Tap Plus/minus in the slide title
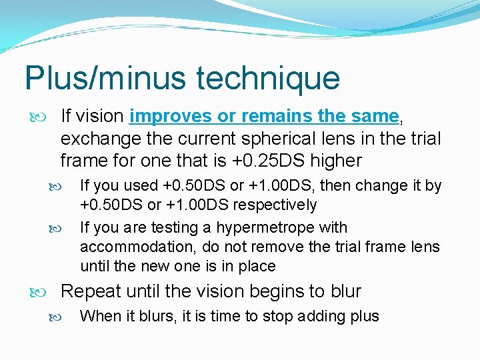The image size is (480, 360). [105, 79]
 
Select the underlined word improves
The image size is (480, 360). [171, 117]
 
